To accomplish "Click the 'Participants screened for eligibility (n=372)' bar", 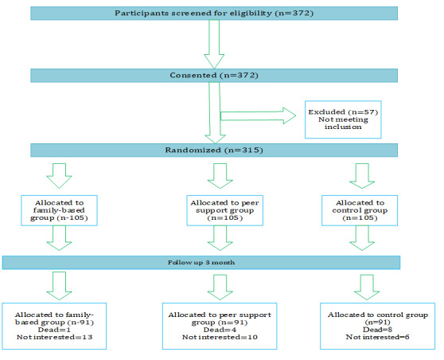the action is [214, 14].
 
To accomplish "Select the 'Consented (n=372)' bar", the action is [214, 76].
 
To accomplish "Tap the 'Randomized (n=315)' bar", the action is [214, 150].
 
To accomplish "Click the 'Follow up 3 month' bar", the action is [201, 263].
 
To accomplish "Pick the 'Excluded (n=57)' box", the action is [343, 119].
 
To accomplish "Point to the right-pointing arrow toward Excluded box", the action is [258, 115].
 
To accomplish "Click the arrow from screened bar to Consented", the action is [214, 45].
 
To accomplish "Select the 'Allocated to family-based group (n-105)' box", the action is [59, 210].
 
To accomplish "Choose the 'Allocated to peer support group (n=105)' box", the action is [225, 210].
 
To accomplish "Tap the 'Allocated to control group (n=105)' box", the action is [360, 210].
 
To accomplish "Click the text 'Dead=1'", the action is [54, 330].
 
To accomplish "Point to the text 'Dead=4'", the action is [220, 330].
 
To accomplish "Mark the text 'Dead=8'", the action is [377, 330].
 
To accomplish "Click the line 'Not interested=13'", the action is [54, 337].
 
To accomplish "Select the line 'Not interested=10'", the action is [220, 337].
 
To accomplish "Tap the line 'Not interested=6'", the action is [377, 337].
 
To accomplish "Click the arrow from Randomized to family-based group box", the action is [59, 176].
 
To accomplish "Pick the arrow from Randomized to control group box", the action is [362, 176].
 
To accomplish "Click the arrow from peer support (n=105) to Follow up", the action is [220, 238].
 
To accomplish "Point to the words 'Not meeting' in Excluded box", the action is [343, 119].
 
